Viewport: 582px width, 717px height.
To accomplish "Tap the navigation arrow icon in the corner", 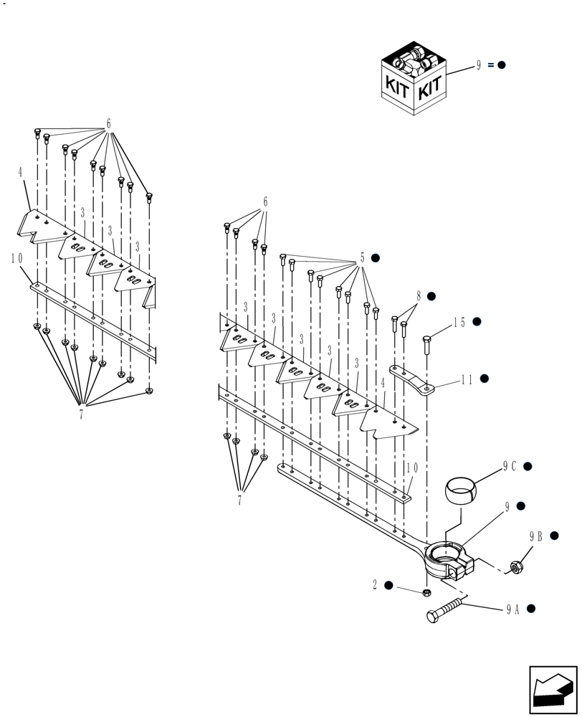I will coord(553,690).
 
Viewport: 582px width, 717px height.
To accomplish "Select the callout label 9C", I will coord(509,466).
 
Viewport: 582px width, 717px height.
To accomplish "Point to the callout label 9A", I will coord(512,609).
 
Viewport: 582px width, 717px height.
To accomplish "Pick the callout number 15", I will coord(459,323).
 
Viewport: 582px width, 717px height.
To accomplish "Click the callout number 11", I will coord(466,379).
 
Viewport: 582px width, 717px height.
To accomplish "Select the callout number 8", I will coord(418,295).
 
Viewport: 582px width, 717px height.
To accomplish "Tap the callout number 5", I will coord(363,257).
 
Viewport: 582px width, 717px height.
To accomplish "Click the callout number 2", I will coord(374,585).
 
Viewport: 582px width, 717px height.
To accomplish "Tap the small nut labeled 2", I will coord(426,593).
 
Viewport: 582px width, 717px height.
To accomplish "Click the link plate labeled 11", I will coord(411,380).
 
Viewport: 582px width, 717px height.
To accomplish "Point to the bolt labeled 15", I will coord(428,346).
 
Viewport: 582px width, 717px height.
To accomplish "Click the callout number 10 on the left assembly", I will coord(16,258).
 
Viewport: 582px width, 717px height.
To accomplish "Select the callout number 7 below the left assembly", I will coord(81,414).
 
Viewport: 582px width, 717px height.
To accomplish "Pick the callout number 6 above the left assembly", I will coord(109,124).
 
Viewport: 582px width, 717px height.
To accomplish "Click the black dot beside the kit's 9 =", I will coord(502,65).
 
